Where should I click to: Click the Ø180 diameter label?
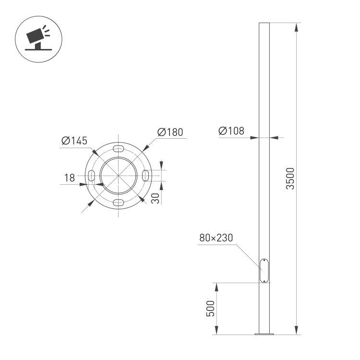coord(170,132)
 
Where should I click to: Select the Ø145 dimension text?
coord(74,141)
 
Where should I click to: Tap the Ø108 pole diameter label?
coord(231,131)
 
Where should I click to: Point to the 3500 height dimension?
coord(290,179)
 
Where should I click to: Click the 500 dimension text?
coord(210,308)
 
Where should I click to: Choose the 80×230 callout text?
coord(216,238)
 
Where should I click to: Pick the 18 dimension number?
coord(70,178)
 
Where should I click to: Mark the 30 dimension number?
coord(156,198)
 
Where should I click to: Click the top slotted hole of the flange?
coord(119,148)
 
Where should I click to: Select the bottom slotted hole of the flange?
coord(119,202)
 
